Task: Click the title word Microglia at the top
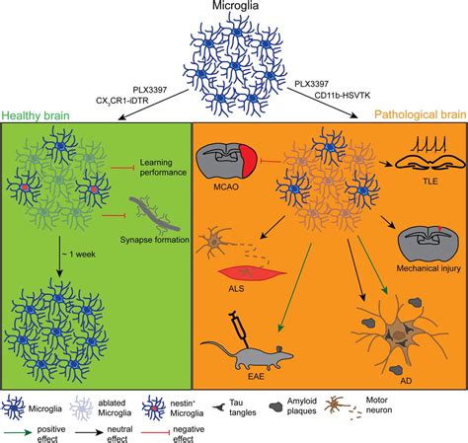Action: coord(234,9)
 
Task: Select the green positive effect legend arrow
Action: coord(25,426)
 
